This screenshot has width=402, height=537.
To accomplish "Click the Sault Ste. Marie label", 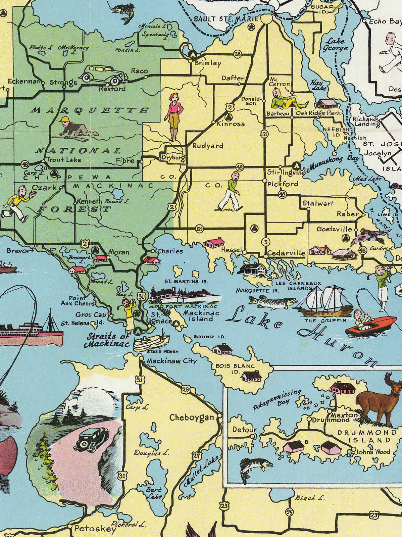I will point(226,19).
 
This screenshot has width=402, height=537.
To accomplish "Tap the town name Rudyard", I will point(208,146).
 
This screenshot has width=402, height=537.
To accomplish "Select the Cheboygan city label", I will point(191,418).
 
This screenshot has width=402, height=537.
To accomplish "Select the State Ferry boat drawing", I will point(151,341).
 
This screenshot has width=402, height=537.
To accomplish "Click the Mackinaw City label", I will point(171,361).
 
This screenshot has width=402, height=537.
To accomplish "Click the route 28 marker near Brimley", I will point(238,54).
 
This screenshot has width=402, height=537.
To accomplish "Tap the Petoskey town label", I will point(95,529).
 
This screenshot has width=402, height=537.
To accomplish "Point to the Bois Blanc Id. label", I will point(235,369).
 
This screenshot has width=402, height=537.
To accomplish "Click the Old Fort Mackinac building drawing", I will point(185,296).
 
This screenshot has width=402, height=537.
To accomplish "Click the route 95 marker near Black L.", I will point(289,512).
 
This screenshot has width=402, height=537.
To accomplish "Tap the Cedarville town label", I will point(286,253).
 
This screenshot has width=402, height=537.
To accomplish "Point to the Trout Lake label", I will point(63,160).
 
